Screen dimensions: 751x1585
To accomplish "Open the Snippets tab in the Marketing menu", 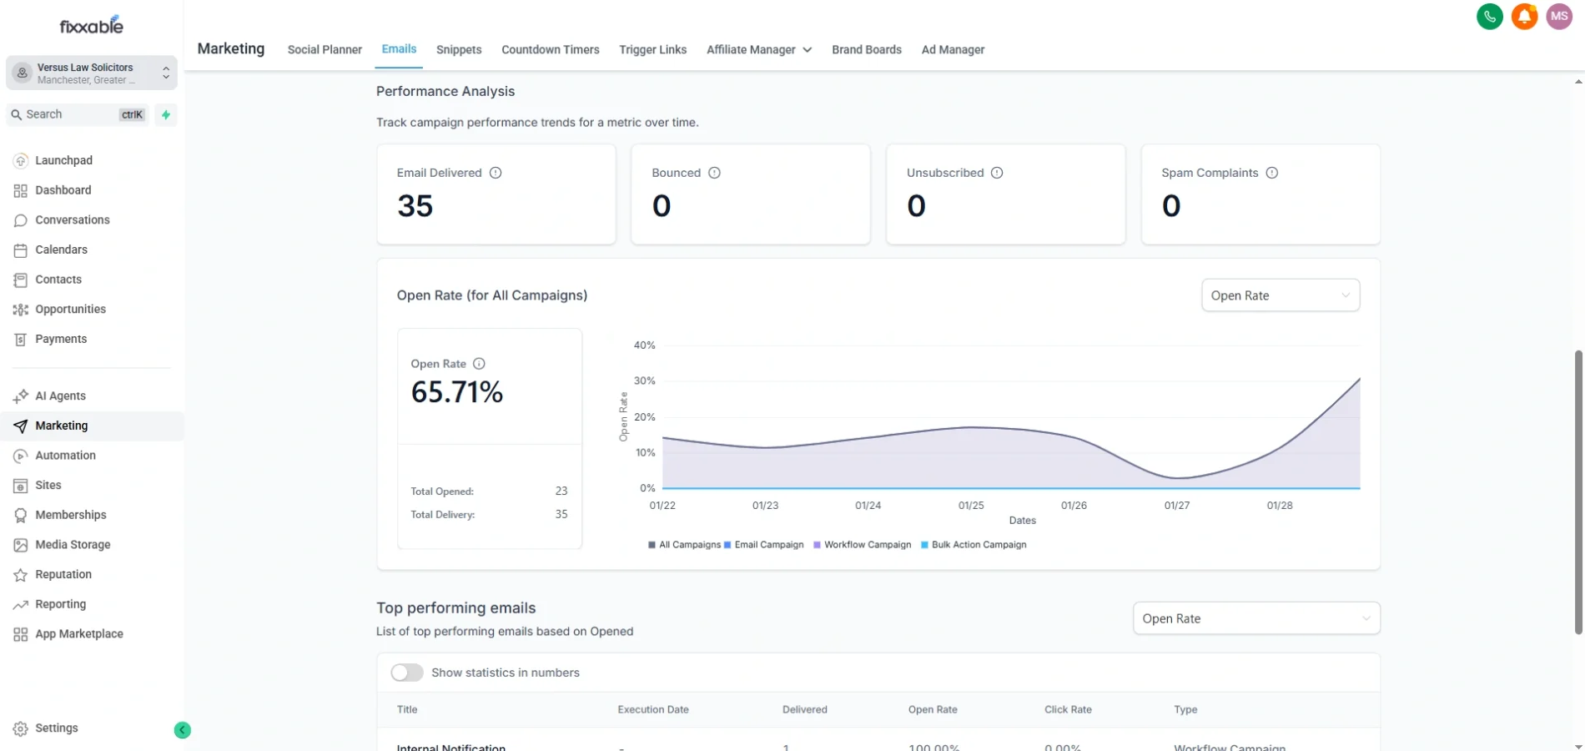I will tap(459, 50).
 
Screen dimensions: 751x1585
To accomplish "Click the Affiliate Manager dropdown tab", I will tap(758, 50).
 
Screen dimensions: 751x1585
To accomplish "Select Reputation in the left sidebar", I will tap(63, 574).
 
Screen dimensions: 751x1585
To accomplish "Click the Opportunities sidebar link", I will tap(70, 309).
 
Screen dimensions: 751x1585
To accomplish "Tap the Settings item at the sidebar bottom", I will tap(56, 728).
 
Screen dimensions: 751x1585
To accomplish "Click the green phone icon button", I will tap(1489, 17).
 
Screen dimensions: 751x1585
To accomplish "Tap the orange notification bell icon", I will tap(1524, 17).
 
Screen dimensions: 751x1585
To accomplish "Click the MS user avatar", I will tap(1558, 17).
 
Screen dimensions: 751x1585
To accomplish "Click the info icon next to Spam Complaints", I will tap(1271, 173).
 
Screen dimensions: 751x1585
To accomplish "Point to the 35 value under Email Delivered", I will tap(415, 206).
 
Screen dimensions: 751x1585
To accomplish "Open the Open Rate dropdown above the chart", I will tap(1280, 295).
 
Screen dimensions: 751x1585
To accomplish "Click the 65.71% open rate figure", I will tap(456, 392).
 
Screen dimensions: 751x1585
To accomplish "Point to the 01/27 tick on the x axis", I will tap(1176, 506).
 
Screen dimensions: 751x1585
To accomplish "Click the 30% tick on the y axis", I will tap(644, 381).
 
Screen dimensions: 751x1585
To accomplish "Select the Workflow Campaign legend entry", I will tap(867, 545).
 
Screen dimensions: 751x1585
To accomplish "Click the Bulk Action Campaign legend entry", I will tap(979, 545).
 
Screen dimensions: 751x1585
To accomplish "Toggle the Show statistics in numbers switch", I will tap(407, 673).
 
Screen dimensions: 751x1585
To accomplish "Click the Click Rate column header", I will tap(1068, 709).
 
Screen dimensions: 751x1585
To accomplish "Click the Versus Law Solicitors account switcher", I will tap(92, 73).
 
